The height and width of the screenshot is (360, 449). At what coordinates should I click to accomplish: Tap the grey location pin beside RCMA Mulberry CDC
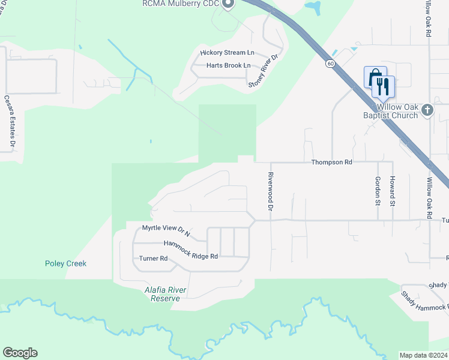point(228,4)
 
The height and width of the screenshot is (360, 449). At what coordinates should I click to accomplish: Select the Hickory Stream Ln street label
point(228,53)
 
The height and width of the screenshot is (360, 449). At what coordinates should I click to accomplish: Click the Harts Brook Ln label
point(228,65)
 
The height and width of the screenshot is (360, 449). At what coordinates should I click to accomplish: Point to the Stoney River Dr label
point(264,72)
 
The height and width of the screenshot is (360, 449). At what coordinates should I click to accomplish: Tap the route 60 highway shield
point(331,63)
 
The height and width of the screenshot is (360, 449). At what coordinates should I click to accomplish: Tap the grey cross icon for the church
point(427,110)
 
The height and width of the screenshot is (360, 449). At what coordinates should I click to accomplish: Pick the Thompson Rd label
point(331,162)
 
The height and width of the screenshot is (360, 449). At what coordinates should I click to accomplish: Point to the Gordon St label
point(378,190)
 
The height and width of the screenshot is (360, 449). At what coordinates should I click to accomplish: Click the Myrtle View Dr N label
point(166,230)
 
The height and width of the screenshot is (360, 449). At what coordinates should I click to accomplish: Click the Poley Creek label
point(66,263)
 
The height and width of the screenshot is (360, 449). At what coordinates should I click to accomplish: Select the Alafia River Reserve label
point(166,294)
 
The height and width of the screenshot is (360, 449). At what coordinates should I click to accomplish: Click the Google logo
point(20,353)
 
